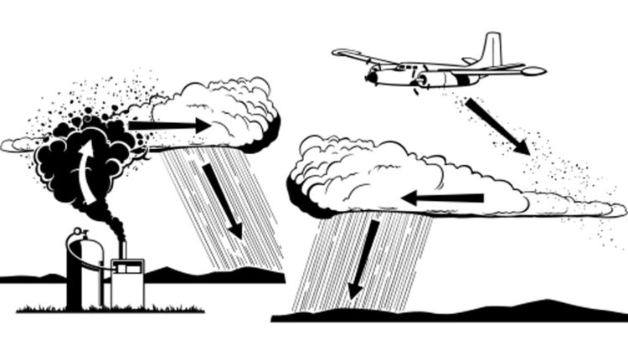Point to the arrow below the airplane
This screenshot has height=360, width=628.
497,126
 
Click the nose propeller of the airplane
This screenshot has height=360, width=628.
369,77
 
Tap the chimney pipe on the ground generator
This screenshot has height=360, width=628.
121,248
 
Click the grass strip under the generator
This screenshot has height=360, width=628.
109,310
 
